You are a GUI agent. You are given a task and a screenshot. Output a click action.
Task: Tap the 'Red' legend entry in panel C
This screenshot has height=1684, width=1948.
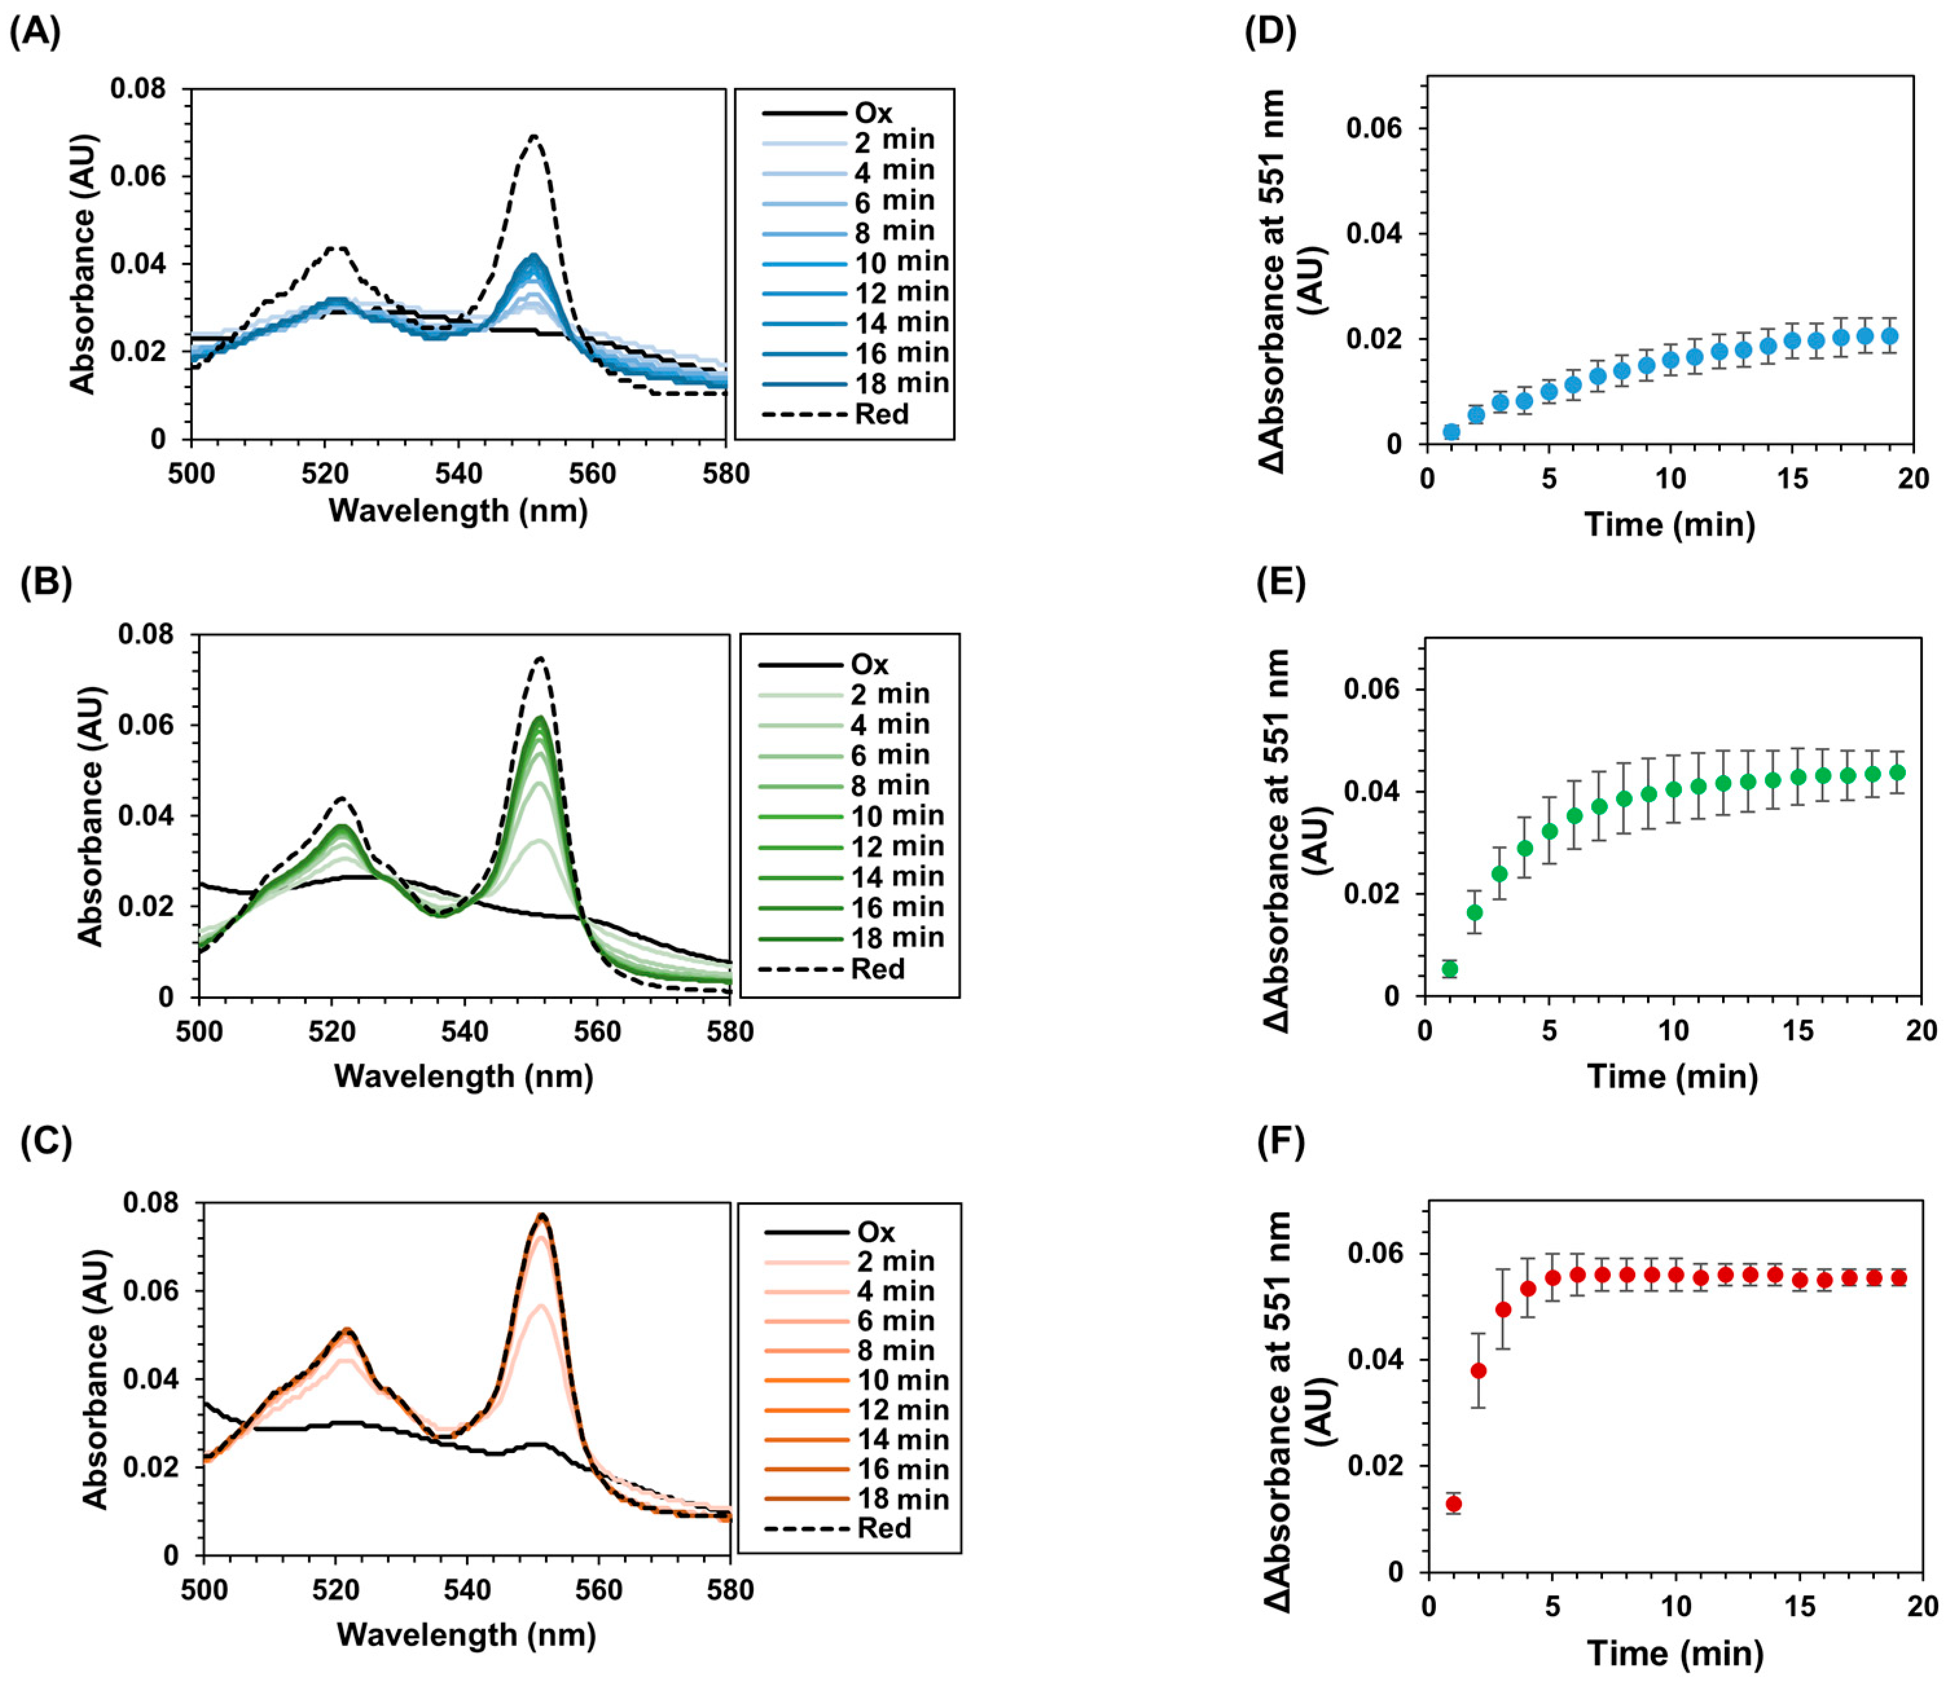pyautogui.click(x=884, y=1528)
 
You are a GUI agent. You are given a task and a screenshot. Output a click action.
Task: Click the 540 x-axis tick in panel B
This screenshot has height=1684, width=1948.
pyautogui.click(x=464, y=1032)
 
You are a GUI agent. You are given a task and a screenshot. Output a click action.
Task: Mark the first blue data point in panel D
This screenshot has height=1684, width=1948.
pyautogui.click(x=1451, y=432)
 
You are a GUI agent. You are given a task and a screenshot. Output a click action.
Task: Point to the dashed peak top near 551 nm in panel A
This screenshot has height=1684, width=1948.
pyautogui.click(x=534, y=137)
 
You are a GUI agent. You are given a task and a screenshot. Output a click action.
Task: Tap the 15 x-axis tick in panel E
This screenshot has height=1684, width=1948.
pyautogui.click(x=1798, y=1031)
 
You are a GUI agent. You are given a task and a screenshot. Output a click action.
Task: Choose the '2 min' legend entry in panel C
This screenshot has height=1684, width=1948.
pyautogui.click(x=895, y=1261)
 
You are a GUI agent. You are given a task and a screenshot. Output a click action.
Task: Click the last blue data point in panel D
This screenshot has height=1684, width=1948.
pyautogui.click(x=1889, y=336)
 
